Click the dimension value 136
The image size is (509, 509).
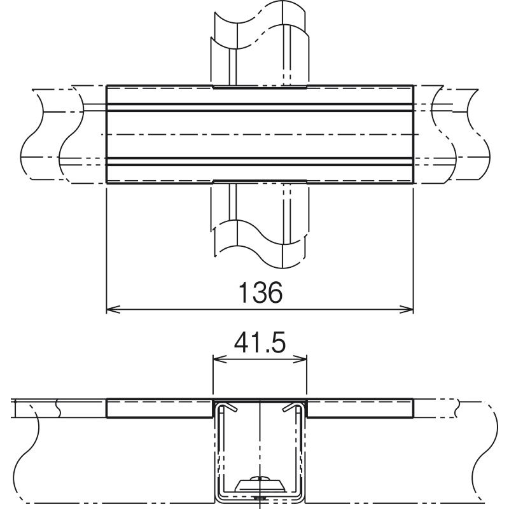pos(261,292)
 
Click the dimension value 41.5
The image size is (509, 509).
pos(260,342)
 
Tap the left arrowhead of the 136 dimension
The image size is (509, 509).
pos(113,309)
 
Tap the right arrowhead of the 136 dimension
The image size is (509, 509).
pos(407,309)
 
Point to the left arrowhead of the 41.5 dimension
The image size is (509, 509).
pos(220,359)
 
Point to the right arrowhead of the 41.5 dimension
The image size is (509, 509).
pos(300,359)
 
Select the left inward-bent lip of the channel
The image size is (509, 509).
pos(227,407)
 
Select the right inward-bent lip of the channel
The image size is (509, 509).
pos(293,407)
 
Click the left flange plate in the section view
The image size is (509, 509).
pos(160,408)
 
